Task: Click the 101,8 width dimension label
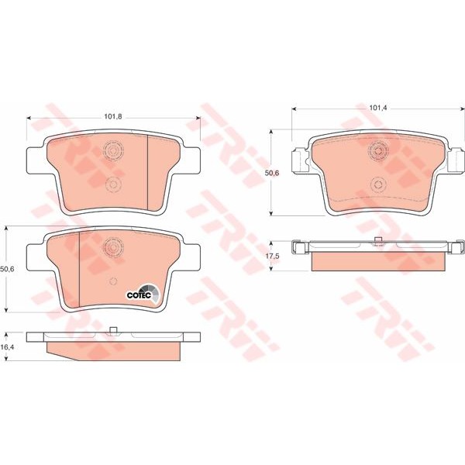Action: (x=114, y=117)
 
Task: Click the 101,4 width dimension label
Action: (x=378, y=108)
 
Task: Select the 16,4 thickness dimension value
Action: (x=7, y=349)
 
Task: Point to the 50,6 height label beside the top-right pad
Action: (x=272, y=174)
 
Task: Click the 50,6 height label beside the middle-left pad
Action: (x=7, y=268)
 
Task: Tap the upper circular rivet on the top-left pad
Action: (x=113, y=150)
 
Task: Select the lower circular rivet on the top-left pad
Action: (x=113, y=184)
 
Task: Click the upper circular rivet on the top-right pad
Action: (x=378, y=150)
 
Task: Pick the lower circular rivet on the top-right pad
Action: (x=378, y=184)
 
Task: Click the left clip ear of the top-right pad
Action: (x=298, y=160)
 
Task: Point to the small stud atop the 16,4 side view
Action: (x=113, y=331)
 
